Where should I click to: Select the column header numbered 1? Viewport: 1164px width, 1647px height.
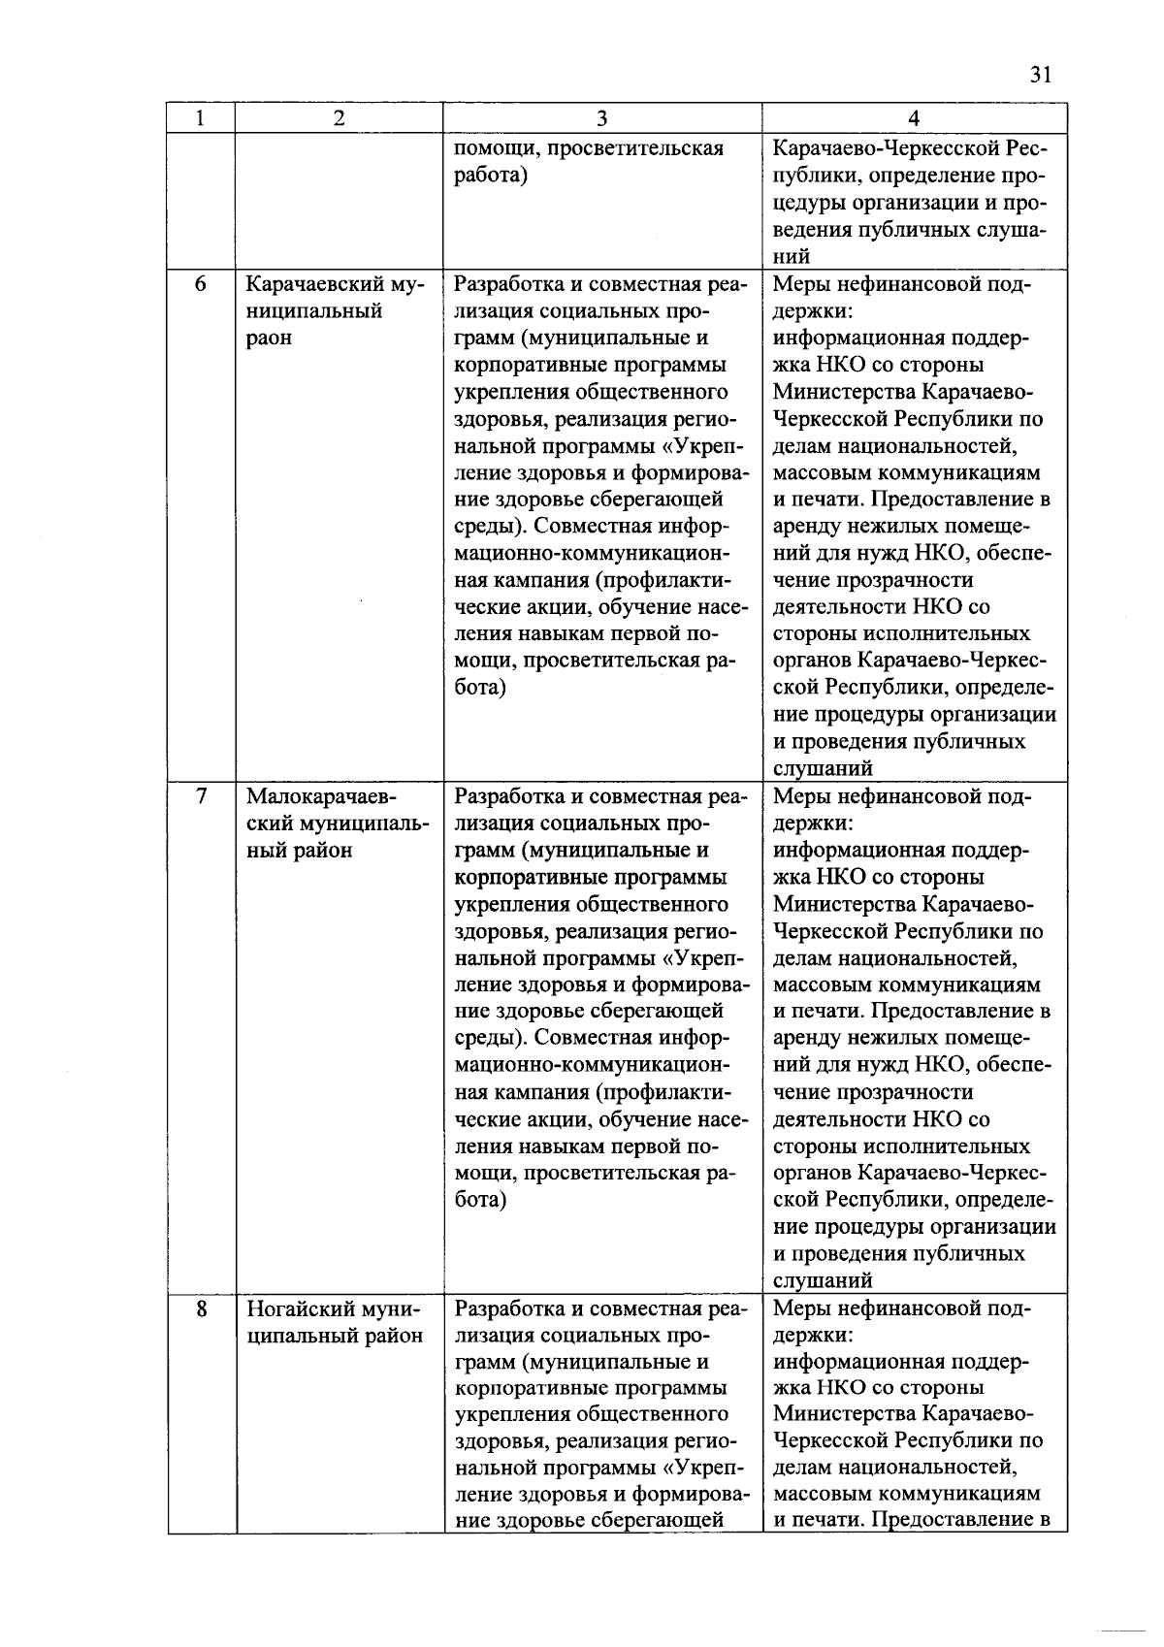[200, 118]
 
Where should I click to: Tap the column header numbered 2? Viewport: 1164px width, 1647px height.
[338, 118]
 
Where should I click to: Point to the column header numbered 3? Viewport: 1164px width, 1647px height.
[601, 118]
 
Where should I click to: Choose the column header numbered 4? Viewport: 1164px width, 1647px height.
[914, 118]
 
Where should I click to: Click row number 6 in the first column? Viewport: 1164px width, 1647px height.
[201, 284]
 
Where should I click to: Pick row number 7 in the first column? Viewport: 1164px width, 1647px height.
[201, 796]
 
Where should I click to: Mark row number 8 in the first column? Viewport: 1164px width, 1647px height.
[201, 1308]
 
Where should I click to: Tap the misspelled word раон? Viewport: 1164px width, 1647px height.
[269, 339]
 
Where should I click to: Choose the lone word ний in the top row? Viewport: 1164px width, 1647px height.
[792, 257]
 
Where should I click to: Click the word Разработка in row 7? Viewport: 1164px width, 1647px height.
[507, 796]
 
